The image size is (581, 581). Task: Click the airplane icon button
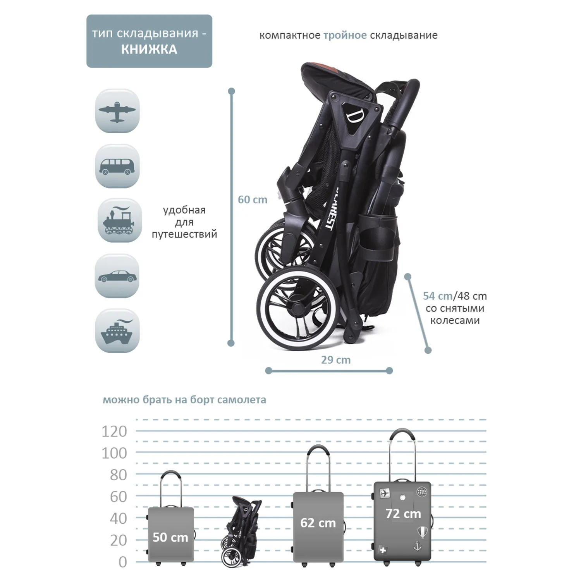[117, 111]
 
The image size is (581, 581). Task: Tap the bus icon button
[117, 167]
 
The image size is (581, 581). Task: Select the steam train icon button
[119, 221]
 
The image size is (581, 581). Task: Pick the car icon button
[117, 276]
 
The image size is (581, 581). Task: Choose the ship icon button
[117, 331]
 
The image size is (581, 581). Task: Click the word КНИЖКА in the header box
[149, 50]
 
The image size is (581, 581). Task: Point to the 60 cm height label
[253, 200]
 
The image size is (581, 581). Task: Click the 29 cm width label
[336, 360]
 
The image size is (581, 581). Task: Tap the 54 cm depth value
[437, 296]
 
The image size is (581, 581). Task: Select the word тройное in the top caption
[345, 35]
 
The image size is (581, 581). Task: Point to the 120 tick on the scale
[114, 431]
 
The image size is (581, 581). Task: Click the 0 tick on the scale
[122, 562]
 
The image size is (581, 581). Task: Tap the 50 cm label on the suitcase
[170, 537]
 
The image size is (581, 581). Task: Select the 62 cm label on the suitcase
[318, 523]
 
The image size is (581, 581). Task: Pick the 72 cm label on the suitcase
[403, 514]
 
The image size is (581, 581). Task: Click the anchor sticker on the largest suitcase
[418, 546]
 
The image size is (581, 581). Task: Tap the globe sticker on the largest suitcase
[421, 492]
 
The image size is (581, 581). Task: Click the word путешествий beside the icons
[184, 234]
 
